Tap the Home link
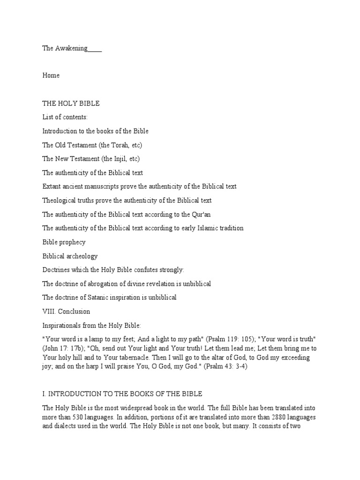[x=51, y=75]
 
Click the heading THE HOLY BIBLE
[x=71, y=103]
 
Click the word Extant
[x=52, y=186]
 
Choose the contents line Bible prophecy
[x=64, y=242]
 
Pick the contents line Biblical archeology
[x=70, y=256]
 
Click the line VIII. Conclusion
[x=66, y=311]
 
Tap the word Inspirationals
[x=62, y=325]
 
